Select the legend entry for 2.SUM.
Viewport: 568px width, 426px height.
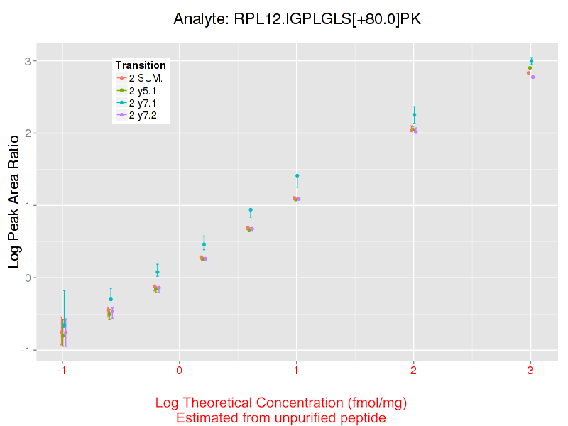[146, 78]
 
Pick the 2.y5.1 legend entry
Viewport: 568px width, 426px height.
[146, 90]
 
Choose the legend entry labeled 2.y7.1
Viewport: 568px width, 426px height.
[146, 102]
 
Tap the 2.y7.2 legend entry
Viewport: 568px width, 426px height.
[146, 114]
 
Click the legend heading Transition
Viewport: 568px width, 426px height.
[141, 66]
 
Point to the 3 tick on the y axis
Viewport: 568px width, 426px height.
[29, 61]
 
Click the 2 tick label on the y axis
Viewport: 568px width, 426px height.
[29, 133]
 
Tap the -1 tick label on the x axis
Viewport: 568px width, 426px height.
[62, 371]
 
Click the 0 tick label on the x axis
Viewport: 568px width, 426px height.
[180, 371]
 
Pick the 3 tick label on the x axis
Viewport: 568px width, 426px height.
[530, 371]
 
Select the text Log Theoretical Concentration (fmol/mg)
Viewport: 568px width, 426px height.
[281, 403]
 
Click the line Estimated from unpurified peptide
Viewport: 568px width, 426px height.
[281, 417]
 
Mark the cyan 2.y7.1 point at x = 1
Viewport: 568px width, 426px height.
[297, 175]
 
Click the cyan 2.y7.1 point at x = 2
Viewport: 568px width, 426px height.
[414, 115]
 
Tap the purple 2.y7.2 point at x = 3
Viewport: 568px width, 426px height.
[532, 77]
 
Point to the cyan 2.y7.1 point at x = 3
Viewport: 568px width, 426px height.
[531, 61]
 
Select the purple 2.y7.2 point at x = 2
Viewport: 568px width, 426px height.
[415, 132]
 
